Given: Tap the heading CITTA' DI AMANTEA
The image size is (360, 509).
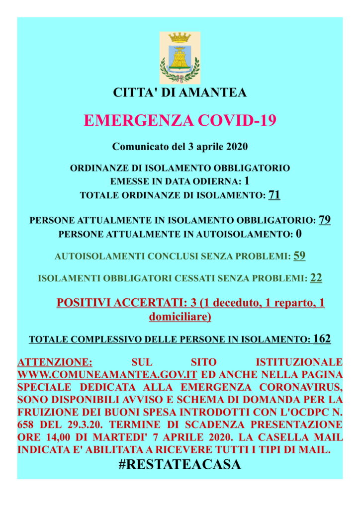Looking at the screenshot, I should pyautogui.click(x=180, y=92).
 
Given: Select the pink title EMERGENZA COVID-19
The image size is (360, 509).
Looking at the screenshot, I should pyautogui.click(x=180, y=121).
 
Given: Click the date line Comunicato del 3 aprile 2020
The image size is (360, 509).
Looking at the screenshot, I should pyautogui.click(x=180, y=147).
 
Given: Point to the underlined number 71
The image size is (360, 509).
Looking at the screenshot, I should pyautogui.click(x=274, y=195).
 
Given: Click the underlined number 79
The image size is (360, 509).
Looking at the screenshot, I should pyautogui.click(x=325, y=220).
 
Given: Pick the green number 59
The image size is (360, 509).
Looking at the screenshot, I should pyautogui.click(x=299, y=256).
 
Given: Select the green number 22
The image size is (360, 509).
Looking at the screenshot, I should pyautogui.click(x=316, y=278).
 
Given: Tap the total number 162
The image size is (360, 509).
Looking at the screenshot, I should pyautogui.click(x=322, y=339).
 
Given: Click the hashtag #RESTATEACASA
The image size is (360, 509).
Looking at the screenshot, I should pyautogui.click(x=180, y=464).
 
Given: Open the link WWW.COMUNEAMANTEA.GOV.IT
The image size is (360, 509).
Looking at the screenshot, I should pyautogui.click(x=107, y=373).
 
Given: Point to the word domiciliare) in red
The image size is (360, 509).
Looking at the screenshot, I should pyautogui.click(x=180, y=316).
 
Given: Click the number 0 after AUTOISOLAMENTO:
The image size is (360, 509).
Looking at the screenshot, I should pyautogui.click(x=299, y=233).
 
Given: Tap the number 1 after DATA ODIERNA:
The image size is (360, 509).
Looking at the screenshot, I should pyautogui.click(x=247, y=181).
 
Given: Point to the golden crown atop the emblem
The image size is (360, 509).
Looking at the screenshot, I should pyautogui.click(x=180, y=38).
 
